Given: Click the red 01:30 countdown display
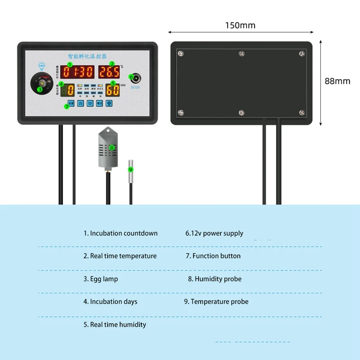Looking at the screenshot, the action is (x=79, y=72).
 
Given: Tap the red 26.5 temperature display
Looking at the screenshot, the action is (x=109, y=72).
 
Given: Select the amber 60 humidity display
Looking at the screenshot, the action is (x=113, y=90).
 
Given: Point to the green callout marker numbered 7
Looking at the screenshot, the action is (x=67, y=107).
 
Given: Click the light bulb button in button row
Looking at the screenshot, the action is (x=108, y=103).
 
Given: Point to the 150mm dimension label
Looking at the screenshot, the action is (x=240, y=25).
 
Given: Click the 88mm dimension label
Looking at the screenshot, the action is (x=337, y=81).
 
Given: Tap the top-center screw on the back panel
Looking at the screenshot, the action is (x=241, y=54).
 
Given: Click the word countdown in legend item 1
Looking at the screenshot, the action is (x=141, y=233).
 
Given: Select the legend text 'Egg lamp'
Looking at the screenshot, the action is (x=104, y=279).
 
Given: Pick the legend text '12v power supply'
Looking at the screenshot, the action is (x=218, y=233).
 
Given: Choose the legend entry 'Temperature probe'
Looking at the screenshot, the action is (x=220, y=301).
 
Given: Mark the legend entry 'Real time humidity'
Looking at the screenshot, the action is (x=118, y=324).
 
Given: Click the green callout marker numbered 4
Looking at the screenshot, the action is (x=61, y=83).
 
